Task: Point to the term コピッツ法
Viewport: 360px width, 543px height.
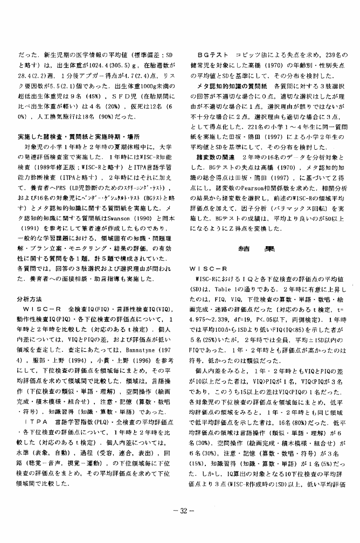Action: [x=250, y=55]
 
